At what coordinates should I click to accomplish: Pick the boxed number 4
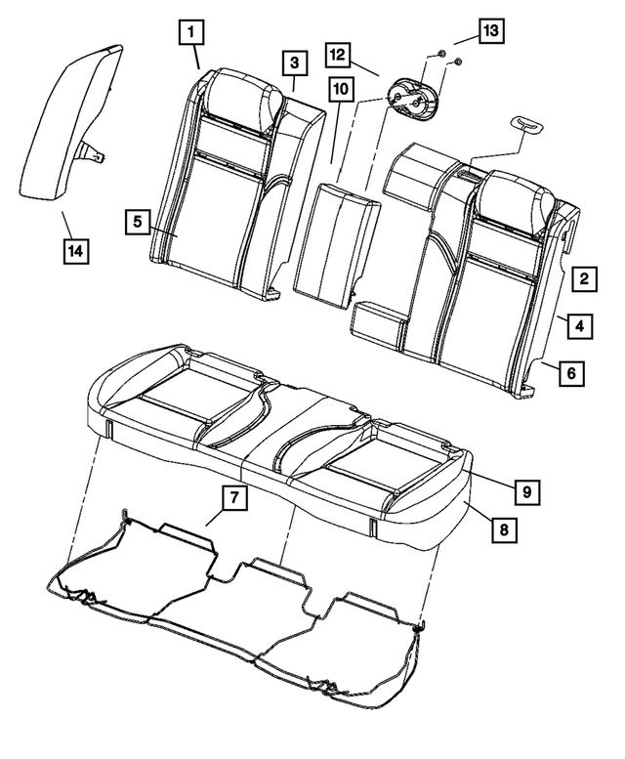point(579,325)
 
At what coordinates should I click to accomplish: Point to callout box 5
point(138,222)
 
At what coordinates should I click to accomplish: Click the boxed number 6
point(572,371)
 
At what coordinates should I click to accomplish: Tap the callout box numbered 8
point(503,528)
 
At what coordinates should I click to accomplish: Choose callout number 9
point(525,490)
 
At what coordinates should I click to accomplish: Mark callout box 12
point(338,52)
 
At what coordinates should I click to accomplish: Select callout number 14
point(74,250)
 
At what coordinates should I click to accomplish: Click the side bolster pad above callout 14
point(63,127)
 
